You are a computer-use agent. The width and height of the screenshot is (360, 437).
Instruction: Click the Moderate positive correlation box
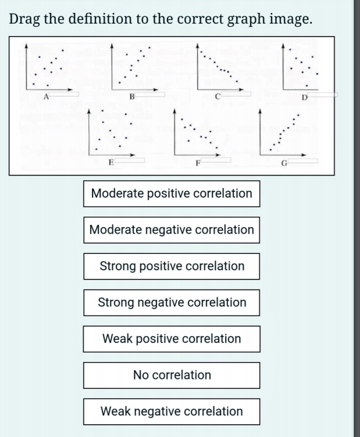coord(172,194)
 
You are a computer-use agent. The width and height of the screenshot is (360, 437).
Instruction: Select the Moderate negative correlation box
coord(172,230)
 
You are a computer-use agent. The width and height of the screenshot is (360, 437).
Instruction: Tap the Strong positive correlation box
coord(172,266)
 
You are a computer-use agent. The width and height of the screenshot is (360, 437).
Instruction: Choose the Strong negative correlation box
coord(172,302)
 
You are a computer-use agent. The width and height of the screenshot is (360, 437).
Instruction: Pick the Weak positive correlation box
coord(172,339)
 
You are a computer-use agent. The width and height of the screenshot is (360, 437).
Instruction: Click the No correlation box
coord(172,375)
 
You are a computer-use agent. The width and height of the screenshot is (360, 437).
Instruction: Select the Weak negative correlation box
coord(172,411)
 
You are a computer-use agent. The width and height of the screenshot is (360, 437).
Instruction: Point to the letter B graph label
coord(132,97)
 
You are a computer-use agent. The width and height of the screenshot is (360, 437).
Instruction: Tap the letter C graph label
coord(216,97)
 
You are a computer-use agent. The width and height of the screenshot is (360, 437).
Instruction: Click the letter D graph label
coord(304,97)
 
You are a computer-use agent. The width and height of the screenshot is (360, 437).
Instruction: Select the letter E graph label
coord(111,162)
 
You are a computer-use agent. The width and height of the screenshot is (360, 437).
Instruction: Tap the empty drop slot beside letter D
coord(323,94)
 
